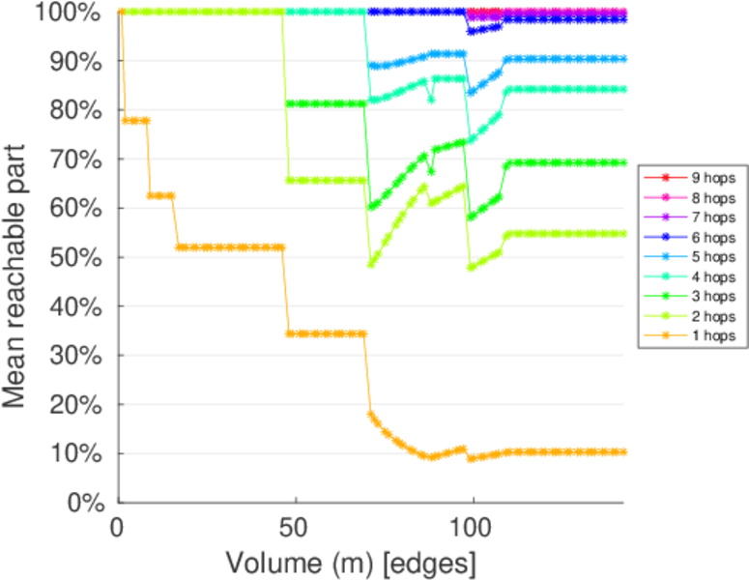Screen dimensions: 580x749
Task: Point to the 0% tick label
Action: pos(86,503)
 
